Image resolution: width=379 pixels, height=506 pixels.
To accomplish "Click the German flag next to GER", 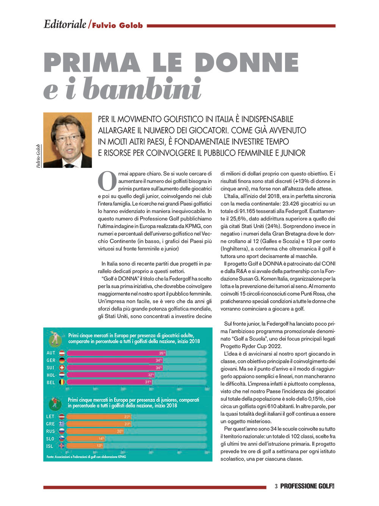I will pyautogui.click(x=61, y=360).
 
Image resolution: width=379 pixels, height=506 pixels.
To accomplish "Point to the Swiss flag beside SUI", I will pyautogui.click(x=61, y=368).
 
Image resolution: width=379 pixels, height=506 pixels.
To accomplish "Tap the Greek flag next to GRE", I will pyautogui.click(x=61, y=424).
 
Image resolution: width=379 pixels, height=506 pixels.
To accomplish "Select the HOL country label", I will pyautogui.click(x=51, y=375).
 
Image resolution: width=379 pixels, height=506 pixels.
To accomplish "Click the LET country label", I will pyautogui.click(x=50, y=416).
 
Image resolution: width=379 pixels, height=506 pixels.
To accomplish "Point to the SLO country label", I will pyautogui.click(x=50, y=439).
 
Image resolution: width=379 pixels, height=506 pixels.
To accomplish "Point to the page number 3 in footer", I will pyautogui.click(x=276, y=486).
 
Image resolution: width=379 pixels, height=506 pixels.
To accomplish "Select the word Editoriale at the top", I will pyautogui.click(x=65, y=24).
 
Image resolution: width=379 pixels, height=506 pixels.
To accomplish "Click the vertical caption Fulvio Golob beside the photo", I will pyautogui.click(x=39, y=156).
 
